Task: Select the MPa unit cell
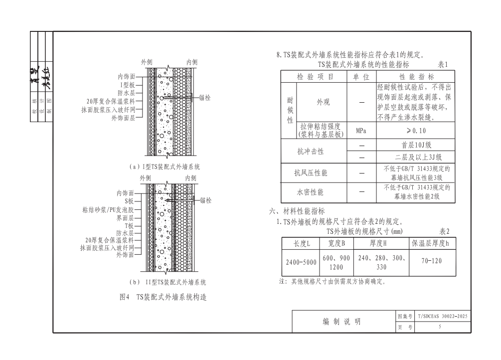361,131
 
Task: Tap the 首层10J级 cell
415,146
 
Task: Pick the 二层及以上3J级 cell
415,157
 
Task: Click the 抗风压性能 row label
311,173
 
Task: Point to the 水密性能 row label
311,192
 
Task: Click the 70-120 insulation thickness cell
431,260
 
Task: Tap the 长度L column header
301,243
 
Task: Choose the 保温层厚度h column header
431,243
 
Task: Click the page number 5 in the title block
439,327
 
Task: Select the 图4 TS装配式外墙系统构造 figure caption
163,297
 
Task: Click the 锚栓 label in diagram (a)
204,98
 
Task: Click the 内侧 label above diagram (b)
191,178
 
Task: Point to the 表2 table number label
444,231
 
